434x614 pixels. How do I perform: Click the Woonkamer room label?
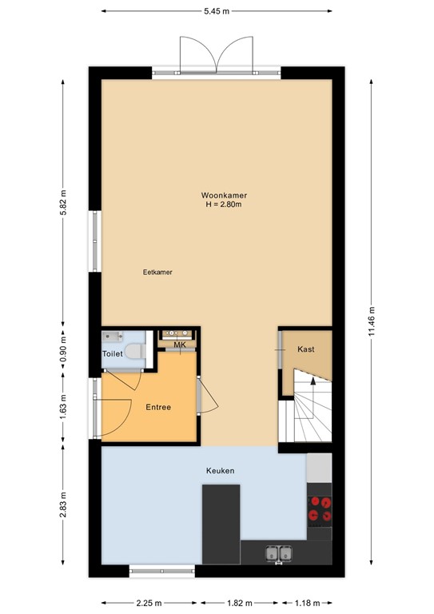point(224,195)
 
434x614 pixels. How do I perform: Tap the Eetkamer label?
point(157,272)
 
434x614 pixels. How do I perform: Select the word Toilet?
point(113,353)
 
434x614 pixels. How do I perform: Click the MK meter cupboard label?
point(180,345)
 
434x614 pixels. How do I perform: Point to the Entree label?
point(158,407)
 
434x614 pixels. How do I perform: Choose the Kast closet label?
point(305,349)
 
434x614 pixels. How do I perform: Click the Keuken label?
point(221,471)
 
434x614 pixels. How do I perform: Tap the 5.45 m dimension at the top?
point(217,11)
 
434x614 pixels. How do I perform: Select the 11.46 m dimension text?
point(372,321)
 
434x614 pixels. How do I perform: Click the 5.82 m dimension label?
point(63,202)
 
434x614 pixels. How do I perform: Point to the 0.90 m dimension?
point(63,349)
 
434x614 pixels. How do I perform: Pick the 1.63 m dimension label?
point(63,406)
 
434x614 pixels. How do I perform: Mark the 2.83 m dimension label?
point(63,504)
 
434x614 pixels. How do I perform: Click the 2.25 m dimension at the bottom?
point(149,603)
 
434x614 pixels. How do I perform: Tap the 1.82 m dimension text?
point(240,603)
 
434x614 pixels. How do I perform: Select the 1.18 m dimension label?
point(307,603)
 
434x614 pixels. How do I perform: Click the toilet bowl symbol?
point(135,351)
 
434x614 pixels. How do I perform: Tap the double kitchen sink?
point(279,554)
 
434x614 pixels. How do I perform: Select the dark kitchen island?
point(221,524)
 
